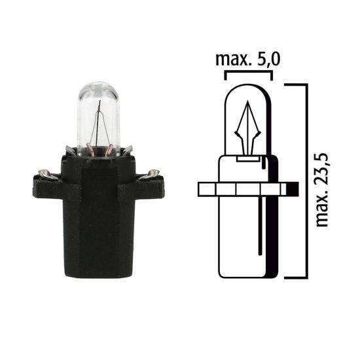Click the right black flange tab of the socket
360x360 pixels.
(149, 187)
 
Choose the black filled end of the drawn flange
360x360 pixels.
(293, 189)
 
